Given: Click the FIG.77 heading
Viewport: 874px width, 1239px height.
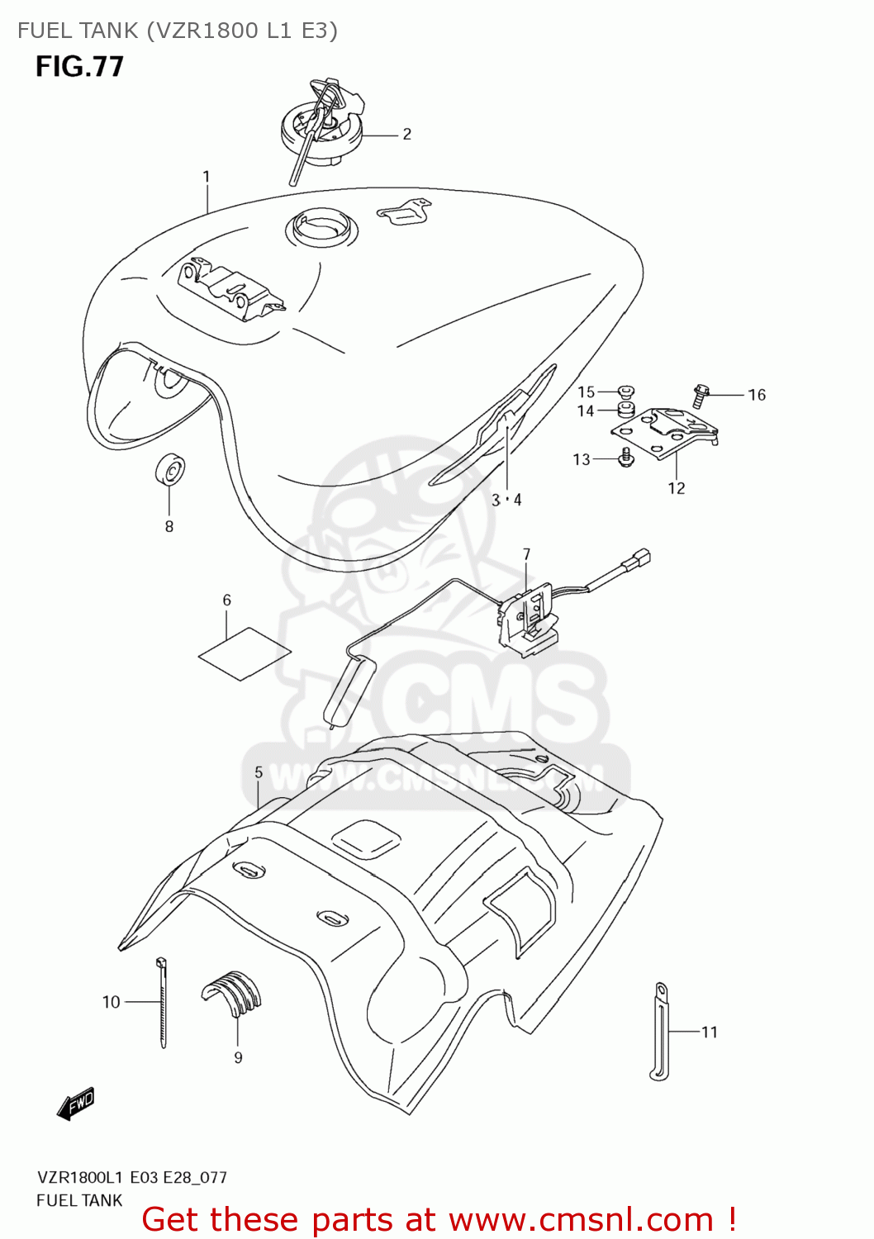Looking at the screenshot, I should [79, 66].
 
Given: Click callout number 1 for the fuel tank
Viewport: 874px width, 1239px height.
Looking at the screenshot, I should [207, 177].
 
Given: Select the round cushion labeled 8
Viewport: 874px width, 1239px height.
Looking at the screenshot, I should [170, 472].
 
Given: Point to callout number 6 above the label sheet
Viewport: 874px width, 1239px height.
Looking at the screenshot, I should [227, 601].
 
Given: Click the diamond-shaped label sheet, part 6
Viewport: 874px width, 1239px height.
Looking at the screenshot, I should [245, 653].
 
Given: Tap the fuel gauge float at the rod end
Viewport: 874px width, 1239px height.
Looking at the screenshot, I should [345, 690].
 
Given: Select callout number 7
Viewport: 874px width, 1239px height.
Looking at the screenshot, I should [526, 554].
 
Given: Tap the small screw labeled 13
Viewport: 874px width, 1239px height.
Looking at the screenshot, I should [625, 457].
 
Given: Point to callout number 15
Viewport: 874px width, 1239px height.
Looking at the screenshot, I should [586, 392].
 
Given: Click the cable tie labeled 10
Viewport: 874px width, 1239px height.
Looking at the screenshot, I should [162, 1003].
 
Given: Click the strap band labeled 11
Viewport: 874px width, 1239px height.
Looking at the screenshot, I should [660, 1032].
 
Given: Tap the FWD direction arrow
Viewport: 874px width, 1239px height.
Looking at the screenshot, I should [76, 1104].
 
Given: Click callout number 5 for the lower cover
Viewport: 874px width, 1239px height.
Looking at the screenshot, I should [259, 772].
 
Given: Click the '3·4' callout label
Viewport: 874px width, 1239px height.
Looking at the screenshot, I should [506, 500].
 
